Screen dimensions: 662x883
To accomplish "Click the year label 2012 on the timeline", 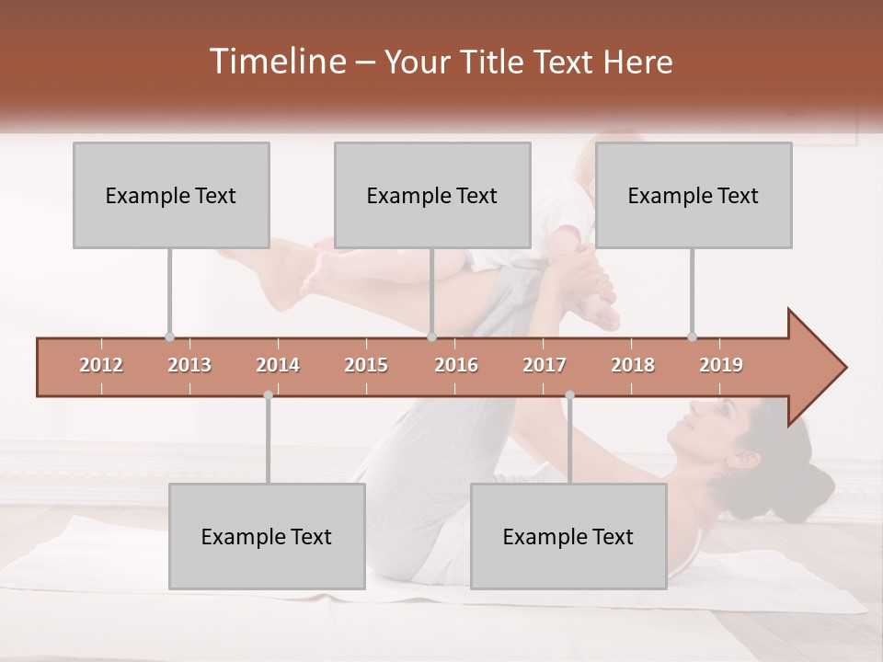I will pyautogui.click(x=101, y=365).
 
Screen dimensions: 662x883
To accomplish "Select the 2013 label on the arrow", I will pyautogui.click(x=189, y=365).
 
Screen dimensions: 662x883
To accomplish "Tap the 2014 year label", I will pyautogui.click(x=278, y=365).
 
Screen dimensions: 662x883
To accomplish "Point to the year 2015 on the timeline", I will pyautogui.click(x=366, y=365).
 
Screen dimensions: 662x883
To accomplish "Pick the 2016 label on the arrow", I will pyautogui.click(x=456, y=365).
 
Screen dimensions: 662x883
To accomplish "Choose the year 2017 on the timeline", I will pyautogui.click(x=545, y=365).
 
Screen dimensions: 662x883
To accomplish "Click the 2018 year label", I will pyautogui.click(x=633, y=365).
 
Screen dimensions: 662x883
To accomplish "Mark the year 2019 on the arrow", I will pyautogui.click(x=721, y=365).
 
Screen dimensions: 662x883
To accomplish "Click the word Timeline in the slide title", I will pyautogui.click(x=276, y=62).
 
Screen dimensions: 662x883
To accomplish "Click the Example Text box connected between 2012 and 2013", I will pyautogui.click(x=171, y=195).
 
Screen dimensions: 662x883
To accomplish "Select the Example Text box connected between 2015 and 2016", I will pyautogui.click(x=432, y=195).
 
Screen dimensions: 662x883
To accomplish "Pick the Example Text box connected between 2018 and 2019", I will pyautogui.click(x=694, y=195).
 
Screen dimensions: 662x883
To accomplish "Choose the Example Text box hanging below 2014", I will pyautogui.click(x=267, y=536).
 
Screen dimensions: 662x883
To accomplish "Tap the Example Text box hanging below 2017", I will pyautogui.click(x=568, y=536).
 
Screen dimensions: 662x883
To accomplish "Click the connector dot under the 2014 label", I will pyautogui.click(x=268, y=395).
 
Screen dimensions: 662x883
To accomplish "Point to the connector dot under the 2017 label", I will pyautogui.click(x=569, y=395).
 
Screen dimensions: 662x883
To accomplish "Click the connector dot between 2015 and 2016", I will pyautogui.click(x=432, y=337).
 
